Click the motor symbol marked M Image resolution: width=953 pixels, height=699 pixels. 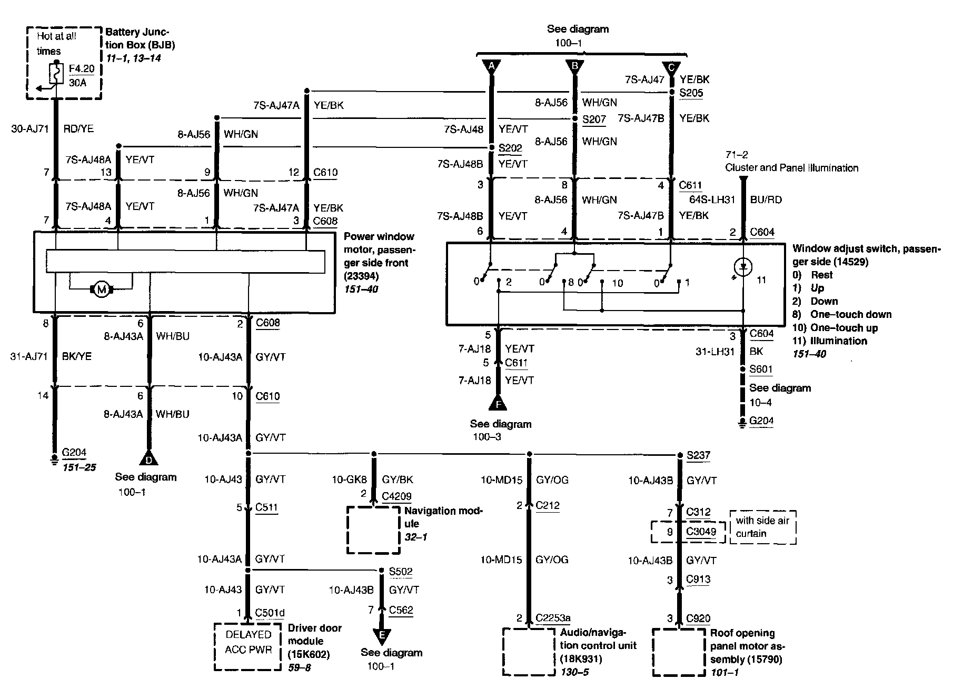pos(102,289)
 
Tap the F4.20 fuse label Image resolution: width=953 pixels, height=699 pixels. pos(81,69)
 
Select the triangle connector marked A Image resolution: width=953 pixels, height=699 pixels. pos(492,66)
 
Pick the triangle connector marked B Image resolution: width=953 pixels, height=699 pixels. pos(575,66)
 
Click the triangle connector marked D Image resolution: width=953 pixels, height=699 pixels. pos(149,459)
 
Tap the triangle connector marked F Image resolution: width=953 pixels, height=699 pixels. pos(498,404)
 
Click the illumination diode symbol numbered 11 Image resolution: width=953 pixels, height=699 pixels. pos(743,267)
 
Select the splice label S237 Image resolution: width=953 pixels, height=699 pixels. pos(698,456)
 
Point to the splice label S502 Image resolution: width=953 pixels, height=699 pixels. pos(401,572)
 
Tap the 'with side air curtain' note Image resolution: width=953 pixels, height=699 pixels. pos(762,527)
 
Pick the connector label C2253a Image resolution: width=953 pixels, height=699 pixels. pos(553,618)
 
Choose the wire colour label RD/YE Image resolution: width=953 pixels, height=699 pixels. pos(78,129)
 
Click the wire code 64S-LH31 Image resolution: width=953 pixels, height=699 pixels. pos(712,200)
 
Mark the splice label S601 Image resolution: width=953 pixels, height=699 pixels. pos(761,370)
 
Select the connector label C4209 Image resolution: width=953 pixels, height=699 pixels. pos(396,496)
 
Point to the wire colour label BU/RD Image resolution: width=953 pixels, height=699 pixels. pos(766,200)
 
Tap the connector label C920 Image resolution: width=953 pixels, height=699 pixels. pos(698,618)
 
